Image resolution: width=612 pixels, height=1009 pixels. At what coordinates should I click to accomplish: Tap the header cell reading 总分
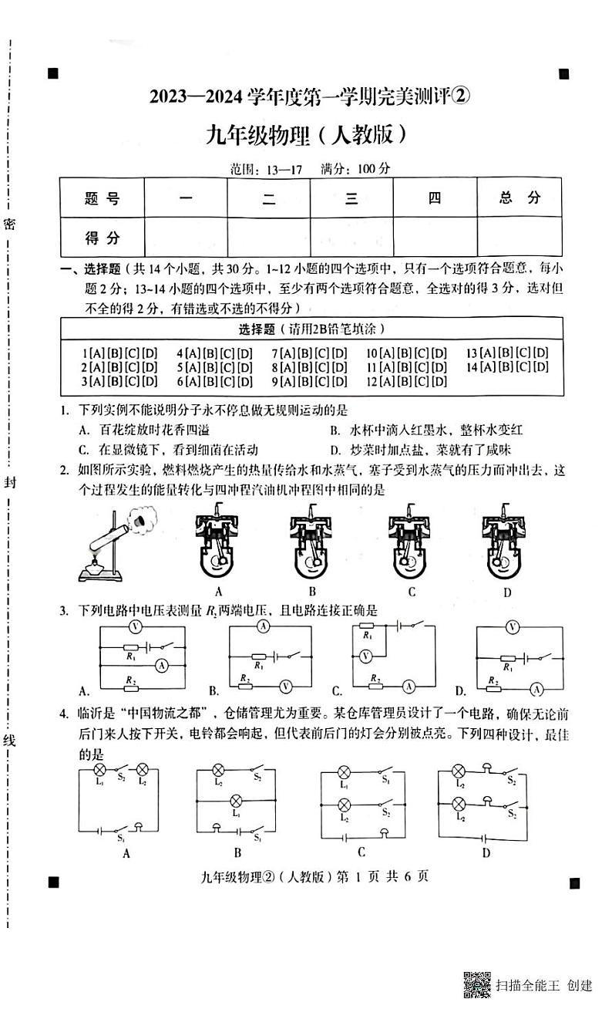point(519,198)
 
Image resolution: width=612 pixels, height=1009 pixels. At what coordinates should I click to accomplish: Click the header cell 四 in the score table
point(435,198)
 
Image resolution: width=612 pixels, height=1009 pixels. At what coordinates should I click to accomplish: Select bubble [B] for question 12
point(405,381)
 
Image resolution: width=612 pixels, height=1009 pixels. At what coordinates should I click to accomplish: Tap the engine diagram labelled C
point(411,544)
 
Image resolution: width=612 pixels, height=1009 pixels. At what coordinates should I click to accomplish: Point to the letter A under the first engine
point(219,592)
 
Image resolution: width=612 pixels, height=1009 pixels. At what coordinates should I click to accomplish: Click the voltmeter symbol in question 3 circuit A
point(134,626)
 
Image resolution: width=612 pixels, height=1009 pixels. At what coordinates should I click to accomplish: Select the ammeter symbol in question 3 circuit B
point(263,626)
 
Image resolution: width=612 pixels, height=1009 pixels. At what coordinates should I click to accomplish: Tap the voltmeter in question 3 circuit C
point(366,656)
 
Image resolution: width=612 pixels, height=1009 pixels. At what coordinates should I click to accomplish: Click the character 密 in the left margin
point(9,224)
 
